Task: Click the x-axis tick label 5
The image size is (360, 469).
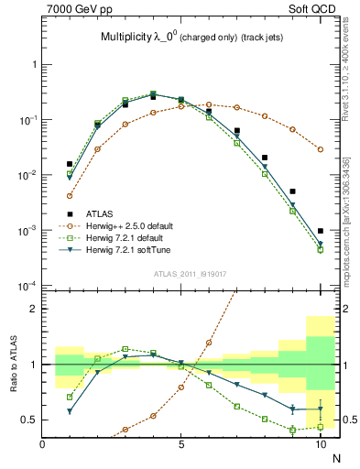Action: (181, 444)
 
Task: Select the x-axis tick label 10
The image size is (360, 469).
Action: (320, 444)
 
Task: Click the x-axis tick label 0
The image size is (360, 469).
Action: (42, 444)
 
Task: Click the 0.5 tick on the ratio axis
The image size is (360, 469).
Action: (30, 420)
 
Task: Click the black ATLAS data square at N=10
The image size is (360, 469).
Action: (321, 231)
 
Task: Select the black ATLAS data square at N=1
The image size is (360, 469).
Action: (70, 164)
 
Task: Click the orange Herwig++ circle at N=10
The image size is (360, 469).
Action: (321, 149)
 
